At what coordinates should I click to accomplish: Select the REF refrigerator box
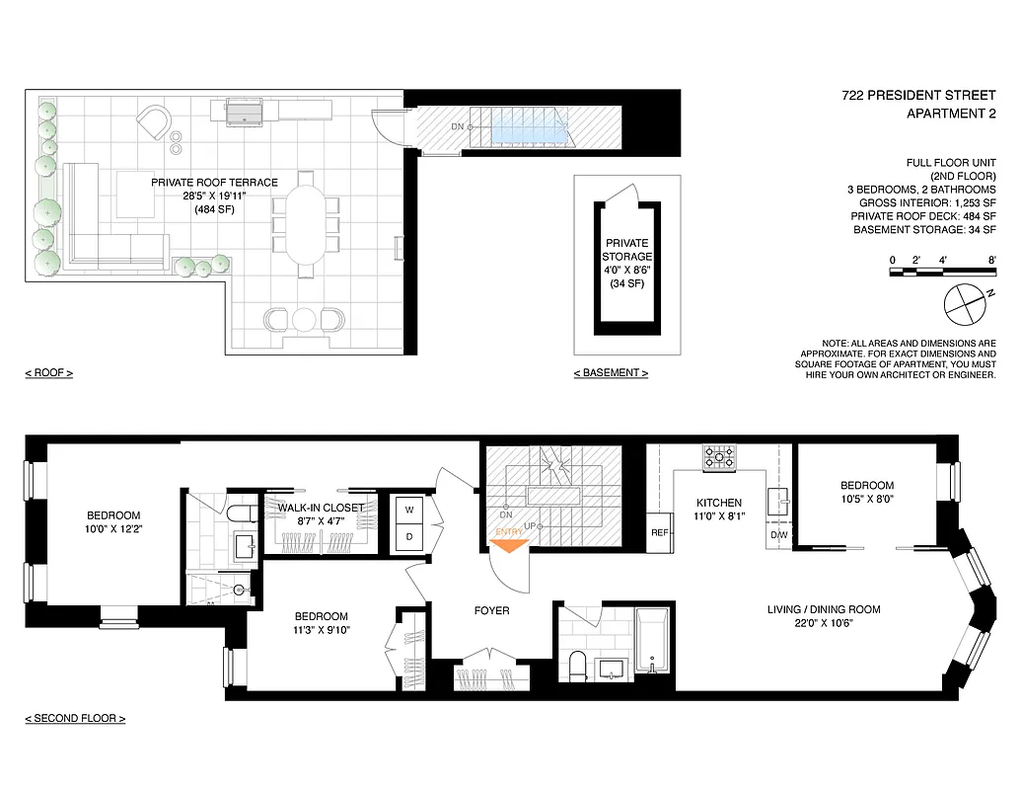point(660,532)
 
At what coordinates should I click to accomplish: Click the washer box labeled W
point(408,509)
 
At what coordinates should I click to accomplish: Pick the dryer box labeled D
point(408,537)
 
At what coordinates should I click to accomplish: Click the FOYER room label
point(491,611)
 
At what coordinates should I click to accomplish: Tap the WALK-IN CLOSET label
point(321,508)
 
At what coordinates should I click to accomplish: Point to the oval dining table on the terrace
point(304,227)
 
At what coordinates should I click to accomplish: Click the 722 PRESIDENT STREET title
point(918,97)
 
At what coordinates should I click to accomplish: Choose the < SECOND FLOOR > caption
point(75,719)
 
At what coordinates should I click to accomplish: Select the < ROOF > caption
point(49,373)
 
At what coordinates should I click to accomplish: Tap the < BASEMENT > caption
point(611,373)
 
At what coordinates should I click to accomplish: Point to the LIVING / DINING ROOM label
point(824,609)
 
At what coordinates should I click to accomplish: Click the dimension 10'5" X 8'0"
point(866,500)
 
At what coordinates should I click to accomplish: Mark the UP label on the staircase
point(532,525)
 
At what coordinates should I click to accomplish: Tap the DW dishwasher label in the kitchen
point(779,536)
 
